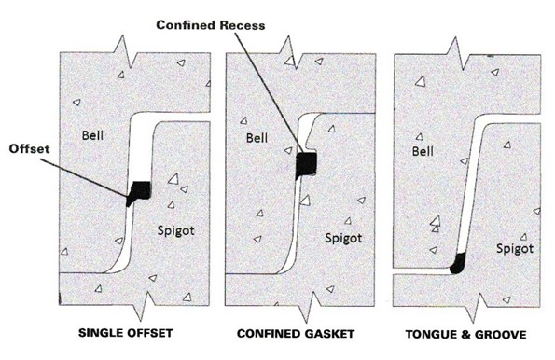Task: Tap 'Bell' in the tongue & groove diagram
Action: pos(427,149)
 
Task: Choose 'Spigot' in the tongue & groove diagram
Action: pos(514,249)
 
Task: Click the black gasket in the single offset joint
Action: pos(139,191)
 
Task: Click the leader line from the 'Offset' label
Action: pos(89,174)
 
